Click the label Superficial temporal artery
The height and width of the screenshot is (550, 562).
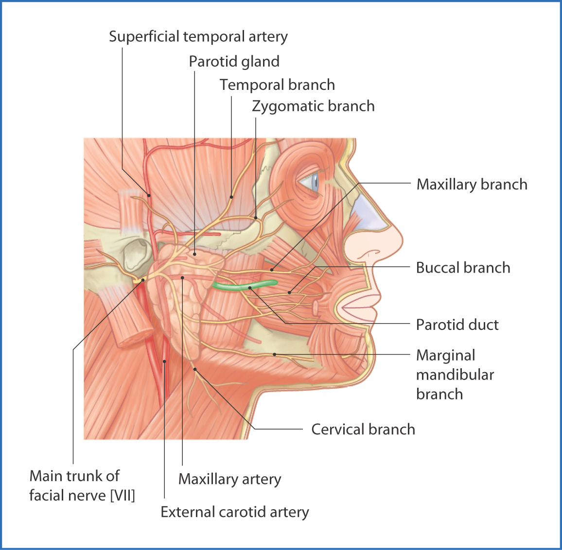point(198,36)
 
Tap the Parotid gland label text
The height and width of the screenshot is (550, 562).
point(234,62)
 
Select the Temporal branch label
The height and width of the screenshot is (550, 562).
point(277,85)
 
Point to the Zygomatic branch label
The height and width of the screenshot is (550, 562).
point(313,106)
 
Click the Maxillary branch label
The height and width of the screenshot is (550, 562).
point(472,185)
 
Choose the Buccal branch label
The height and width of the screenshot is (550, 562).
point(463,268)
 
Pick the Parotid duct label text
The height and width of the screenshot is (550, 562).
point(457,325)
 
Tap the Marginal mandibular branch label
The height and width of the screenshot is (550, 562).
point(455,375)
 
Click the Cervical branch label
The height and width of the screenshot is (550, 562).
point(363,430)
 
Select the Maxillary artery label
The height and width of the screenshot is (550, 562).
point(229,479)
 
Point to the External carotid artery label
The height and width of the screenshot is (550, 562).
point(234,512)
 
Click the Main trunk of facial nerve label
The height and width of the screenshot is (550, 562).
point(82,485)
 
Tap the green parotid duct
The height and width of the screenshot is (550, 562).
point(243,287)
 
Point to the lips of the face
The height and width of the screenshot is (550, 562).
point(357,308)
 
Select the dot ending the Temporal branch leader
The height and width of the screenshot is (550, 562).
point(231,197)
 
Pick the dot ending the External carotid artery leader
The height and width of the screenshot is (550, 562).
point(165,361)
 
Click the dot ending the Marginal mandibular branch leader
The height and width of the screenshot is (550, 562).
point(275,354)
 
